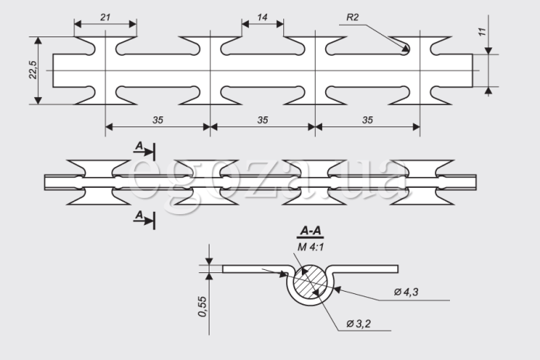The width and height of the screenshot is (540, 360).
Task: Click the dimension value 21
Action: click(x=105, y=17)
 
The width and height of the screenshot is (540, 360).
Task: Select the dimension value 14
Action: click(x=262, y=17)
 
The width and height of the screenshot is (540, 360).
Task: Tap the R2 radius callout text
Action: click(x=352, y=17)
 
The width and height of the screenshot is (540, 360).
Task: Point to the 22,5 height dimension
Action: click(x=33, y=70)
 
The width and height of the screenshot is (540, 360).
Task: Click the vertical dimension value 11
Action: click(x=482, y=32)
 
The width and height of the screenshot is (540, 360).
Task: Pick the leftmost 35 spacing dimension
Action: click(x=157, y=120)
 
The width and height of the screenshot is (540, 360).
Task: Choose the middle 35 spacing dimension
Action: click(x=262, y=120)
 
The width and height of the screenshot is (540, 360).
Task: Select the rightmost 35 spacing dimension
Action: click(x=368, y=120)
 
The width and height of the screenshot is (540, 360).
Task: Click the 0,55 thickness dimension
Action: click(x=202, y=306)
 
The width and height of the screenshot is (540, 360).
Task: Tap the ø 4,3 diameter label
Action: click(x=406, y=292)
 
